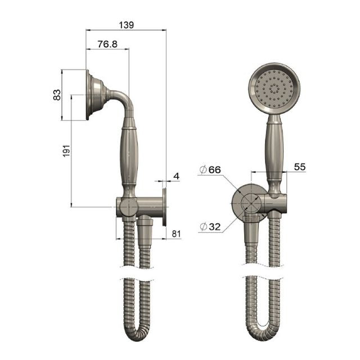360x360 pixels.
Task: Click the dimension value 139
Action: (x=127, y=26)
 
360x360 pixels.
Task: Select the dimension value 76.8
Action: (x=107, y=44)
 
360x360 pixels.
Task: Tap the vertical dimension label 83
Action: (x=57, y=95)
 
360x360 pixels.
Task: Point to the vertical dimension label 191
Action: (x=66, y=151)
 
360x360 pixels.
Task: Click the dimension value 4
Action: (x=176, y=177)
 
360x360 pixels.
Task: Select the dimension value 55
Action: (x=299, y=167)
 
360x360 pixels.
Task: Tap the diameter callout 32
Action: (x=211, y=227)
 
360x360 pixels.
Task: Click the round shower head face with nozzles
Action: (x=274, y=89)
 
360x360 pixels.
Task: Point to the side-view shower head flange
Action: (x=92, y=95)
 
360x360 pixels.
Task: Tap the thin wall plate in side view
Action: (x=164, y=207)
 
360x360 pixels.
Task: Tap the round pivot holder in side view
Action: (x=128, y=207)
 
